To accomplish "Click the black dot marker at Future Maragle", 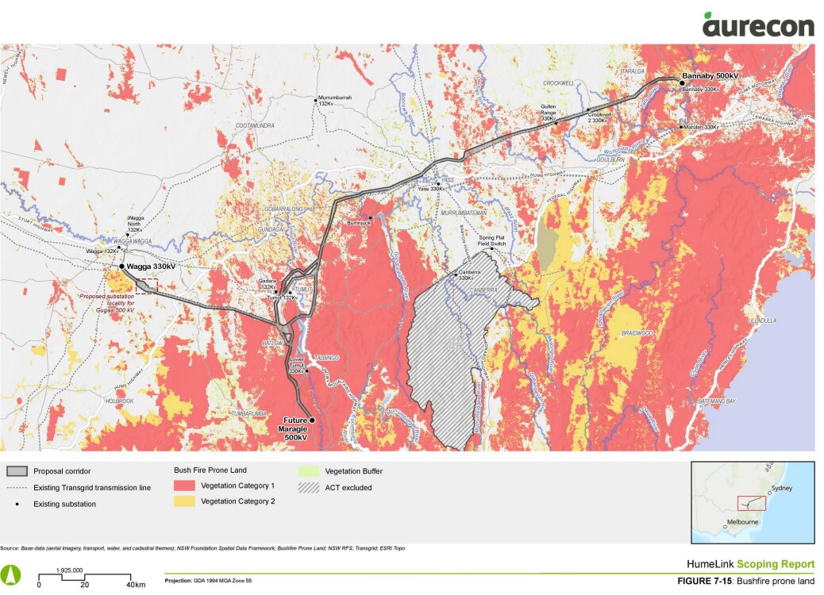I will coord(312,420).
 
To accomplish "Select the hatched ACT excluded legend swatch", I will coord(310,487).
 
